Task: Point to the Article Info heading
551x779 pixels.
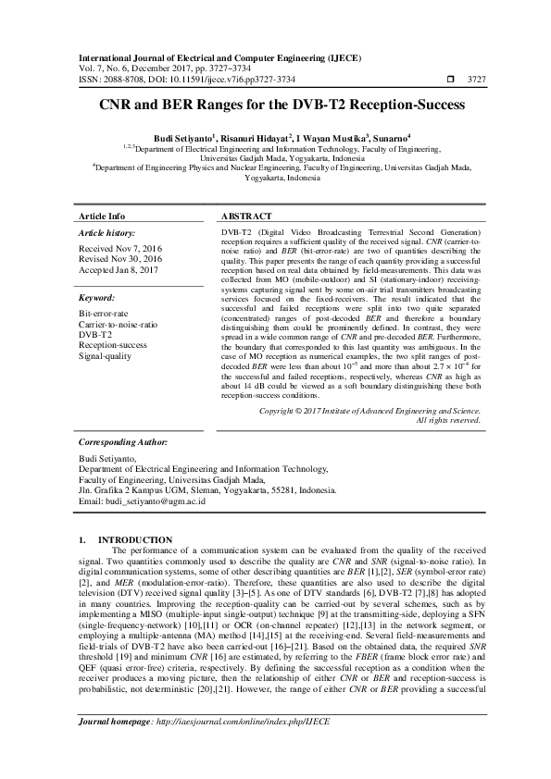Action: click(103, 215)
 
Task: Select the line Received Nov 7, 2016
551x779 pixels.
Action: click(120, 250)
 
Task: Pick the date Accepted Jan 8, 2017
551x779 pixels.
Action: click(119, 270)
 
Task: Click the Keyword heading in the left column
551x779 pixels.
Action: click(97, 300)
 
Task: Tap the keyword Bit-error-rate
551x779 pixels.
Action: click(105, 315)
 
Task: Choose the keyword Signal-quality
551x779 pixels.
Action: click(106, 355)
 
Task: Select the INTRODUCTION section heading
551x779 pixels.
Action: click(135, 539)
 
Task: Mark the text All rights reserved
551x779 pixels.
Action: click(449, 420)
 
